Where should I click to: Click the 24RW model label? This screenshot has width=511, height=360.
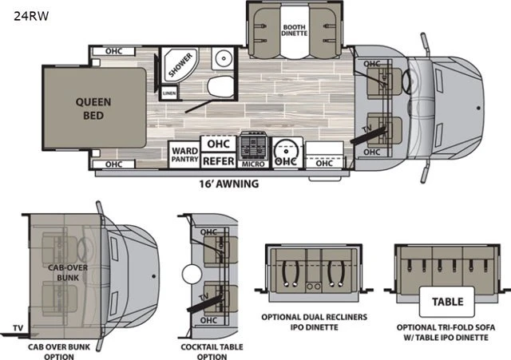(x=31, y=16)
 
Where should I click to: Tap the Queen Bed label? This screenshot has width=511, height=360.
(x=93, y=109)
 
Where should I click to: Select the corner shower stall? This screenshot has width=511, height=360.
(x=180, y=65)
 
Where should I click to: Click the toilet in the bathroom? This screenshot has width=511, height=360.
(x=220, y=86)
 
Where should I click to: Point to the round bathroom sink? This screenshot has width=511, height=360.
(x=224, y=58)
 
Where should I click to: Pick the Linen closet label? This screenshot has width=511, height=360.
(x=169, y=93)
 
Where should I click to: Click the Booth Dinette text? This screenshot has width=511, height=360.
(x=295, y=30)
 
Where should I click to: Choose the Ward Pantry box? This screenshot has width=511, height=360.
(x=184, y=154)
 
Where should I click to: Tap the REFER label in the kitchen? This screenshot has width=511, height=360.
(x=218, y=161)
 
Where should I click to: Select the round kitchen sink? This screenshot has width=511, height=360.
(x=287, y=152)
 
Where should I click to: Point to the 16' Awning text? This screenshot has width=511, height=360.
(x=229, y=184)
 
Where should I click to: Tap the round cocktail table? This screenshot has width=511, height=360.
(x=192, y=275)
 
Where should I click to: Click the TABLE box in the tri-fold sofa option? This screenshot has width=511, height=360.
(x=447, y=302)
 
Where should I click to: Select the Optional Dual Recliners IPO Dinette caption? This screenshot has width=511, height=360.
(x=314, y=322)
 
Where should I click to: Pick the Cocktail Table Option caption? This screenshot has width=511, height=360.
(x=212, y=351)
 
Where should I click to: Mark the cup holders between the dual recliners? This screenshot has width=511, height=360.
(x=314, y=286)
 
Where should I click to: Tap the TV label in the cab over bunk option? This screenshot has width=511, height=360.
(x=18, y=327)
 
